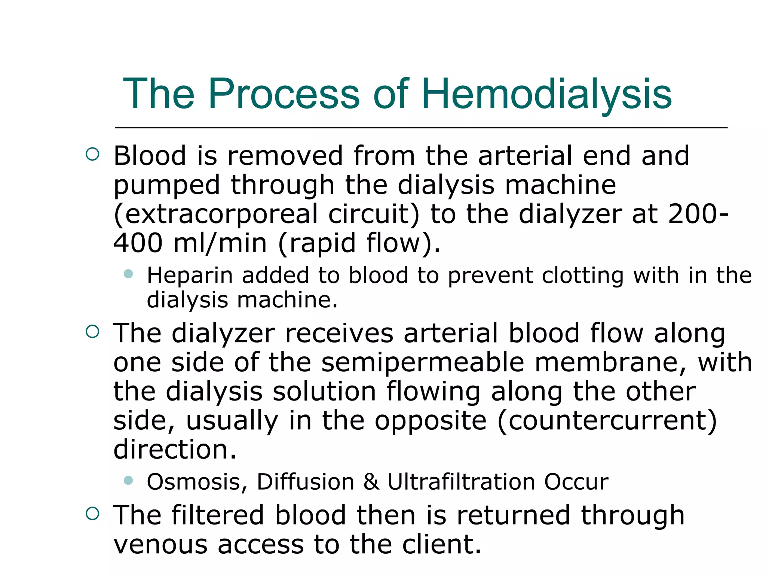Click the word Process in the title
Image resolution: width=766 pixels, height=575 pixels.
(284, 94)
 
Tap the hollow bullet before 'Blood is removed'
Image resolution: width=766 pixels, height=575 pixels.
(92, 154)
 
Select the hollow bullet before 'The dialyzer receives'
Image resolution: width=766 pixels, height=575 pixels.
(92, 331)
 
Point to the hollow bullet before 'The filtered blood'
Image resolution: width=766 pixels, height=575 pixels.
(92, 514)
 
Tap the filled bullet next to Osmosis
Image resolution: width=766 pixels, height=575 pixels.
(128, 480)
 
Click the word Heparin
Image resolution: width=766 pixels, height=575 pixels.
(190, 276)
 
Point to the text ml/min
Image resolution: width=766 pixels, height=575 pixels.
(220, 243)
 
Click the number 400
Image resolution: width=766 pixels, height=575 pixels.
(138, 243)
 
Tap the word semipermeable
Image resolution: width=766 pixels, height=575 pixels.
(423, 363)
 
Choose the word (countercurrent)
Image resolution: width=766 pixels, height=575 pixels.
(607, 421)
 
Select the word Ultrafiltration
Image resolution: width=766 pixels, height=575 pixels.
(461, 482)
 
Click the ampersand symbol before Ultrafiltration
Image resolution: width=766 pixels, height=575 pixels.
(371, 482)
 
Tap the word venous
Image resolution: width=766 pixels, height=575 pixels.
(160, 545)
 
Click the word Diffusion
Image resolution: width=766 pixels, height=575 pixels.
(305, 482)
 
